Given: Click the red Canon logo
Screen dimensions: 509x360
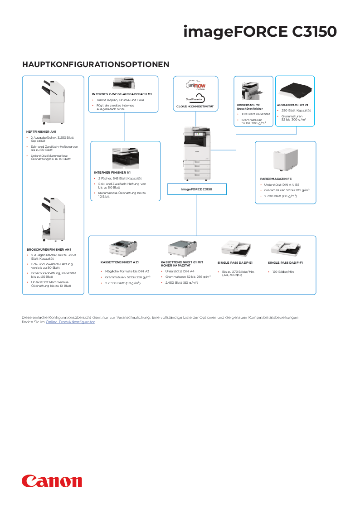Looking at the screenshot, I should point(52,481).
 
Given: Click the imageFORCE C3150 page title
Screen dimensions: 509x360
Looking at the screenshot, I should point(260,32).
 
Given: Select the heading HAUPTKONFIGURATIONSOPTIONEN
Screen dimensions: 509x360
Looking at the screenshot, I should point(96,64).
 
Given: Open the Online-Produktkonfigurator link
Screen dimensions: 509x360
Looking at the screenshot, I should point(70,322).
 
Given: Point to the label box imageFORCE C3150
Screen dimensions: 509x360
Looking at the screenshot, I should point(197,189).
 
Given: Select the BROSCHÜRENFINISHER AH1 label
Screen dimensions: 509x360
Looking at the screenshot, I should point(49,249).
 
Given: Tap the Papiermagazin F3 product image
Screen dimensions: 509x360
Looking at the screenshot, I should point(285,160).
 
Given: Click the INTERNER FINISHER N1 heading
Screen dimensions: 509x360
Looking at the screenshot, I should point(112,173).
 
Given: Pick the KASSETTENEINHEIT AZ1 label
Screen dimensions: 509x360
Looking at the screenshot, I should point(119,262).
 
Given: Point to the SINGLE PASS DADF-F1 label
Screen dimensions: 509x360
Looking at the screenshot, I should point(285,262).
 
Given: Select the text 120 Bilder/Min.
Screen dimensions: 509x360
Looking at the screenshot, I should point(283,271).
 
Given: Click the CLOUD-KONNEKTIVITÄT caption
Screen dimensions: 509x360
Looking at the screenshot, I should point(195,107).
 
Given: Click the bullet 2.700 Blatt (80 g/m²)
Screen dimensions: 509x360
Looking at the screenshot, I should point(281,196).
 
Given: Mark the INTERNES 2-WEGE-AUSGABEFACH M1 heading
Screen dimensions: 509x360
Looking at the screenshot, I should point(122,94).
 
